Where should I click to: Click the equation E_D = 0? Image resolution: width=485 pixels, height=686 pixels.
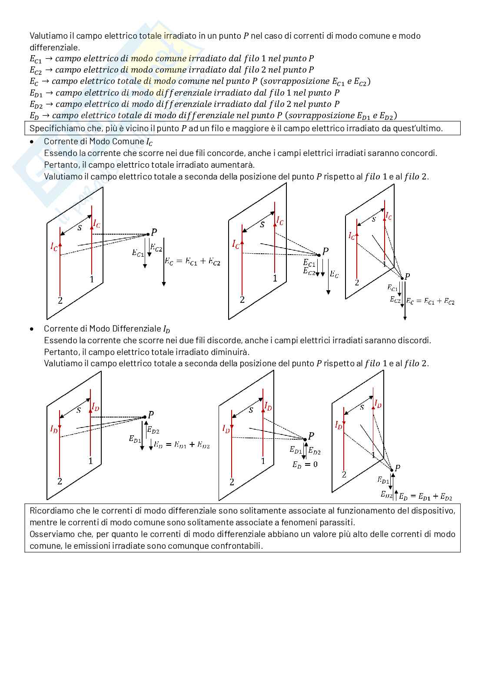point(305,464)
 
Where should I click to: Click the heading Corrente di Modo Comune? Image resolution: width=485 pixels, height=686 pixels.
point(98,142)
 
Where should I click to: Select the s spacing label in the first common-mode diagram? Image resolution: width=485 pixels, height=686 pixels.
point(80,227)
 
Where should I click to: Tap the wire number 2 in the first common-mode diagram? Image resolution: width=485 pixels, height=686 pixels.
point(60,300)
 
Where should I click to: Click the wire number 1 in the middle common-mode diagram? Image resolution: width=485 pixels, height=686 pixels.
point(275,278)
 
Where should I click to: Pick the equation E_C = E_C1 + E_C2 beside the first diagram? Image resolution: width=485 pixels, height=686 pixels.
point(193,262)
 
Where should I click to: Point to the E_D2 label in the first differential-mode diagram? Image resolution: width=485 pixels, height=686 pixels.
point(153,431)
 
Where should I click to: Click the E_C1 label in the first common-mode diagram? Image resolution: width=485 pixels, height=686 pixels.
point(138,252)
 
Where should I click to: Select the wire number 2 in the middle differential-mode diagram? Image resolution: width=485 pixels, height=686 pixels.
point(232,482)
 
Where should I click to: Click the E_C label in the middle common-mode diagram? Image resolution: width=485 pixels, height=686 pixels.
point(334,275)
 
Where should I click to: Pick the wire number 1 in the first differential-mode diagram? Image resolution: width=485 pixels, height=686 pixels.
point(90,461)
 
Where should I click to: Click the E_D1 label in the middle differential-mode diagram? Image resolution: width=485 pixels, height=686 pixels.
point(296,450)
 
